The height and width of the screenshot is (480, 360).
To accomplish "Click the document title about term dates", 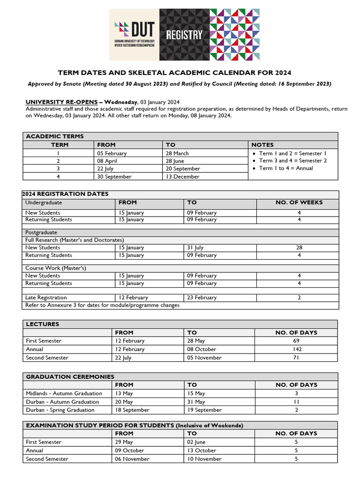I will coord(174,73).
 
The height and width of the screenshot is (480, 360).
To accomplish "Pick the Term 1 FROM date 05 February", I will coord(112,153).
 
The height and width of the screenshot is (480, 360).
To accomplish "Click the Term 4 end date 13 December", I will coord(182,177).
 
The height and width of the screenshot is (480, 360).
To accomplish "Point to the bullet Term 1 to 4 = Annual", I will coord(285,168).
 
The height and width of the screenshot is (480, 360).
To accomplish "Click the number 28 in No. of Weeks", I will coord(299,247).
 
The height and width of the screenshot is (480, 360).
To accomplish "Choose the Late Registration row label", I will coord(46,298).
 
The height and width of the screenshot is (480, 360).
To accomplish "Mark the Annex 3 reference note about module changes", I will coord(102,305).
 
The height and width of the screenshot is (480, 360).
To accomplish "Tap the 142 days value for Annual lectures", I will coord(296,349).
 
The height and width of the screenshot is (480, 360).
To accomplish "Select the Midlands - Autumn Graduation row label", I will coord(64,393).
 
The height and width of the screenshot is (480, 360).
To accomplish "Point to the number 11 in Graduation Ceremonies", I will coord(296,402).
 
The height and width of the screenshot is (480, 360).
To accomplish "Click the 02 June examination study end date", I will coord(197,442).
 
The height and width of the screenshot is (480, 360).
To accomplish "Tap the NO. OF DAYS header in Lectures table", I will coord(296,332).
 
